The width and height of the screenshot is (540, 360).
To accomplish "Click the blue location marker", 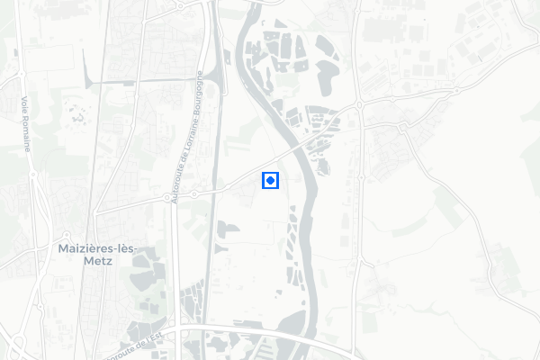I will pos(270,181).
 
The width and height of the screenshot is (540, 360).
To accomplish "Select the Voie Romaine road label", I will pos(25,123).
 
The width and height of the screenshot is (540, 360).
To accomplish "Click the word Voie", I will pos(23,102).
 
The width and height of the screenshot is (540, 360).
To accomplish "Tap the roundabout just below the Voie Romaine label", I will pos(31,177).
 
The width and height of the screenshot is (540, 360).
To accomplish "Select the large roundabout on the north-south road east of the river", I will pos(359,104).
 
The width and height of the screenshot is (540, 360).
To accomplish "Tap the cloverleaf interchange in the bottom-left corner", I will pos(18,342).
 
